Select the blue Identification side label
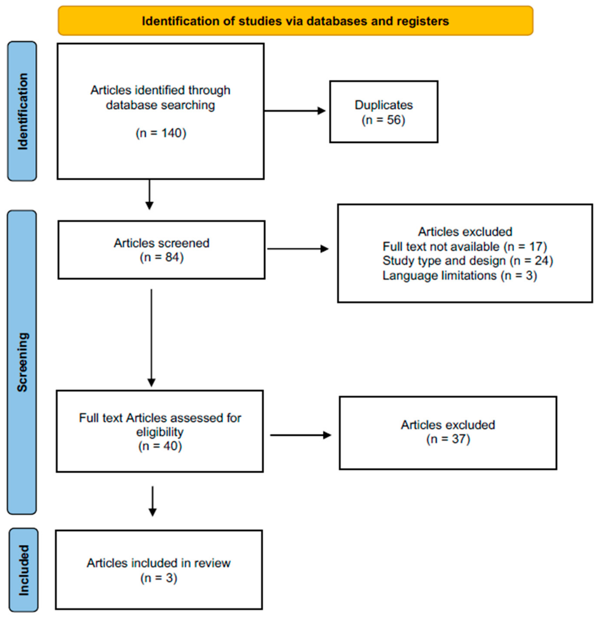click(22, 111)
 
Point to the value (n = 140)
click(161, 133)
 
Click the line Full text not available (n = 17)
click(465, 246)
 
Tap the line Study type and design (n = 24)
click(468, 261)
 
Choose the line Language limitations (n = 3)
click(460, 275)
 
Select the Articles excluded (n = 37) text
click(448, 432)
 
